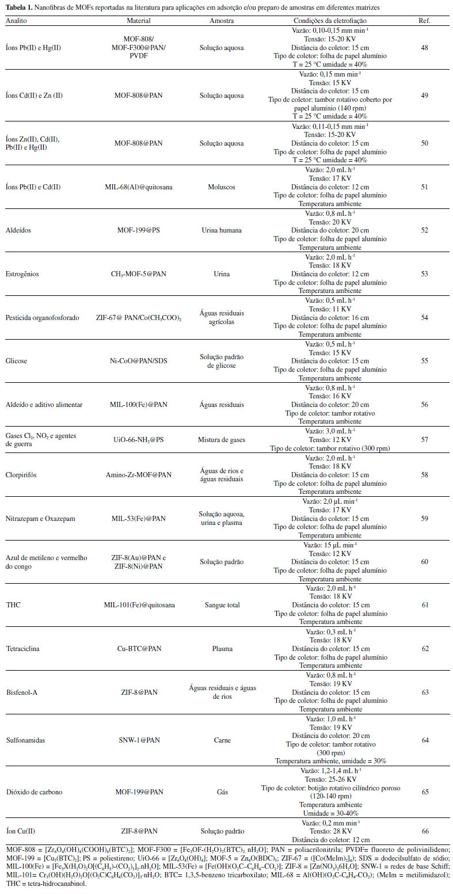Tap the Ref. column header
point(425,20)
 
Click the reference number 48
point(425,48)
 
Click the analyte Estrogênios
point(23,274)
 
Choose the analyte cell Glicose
point(17,361)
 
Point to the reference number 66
point(425,831)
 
